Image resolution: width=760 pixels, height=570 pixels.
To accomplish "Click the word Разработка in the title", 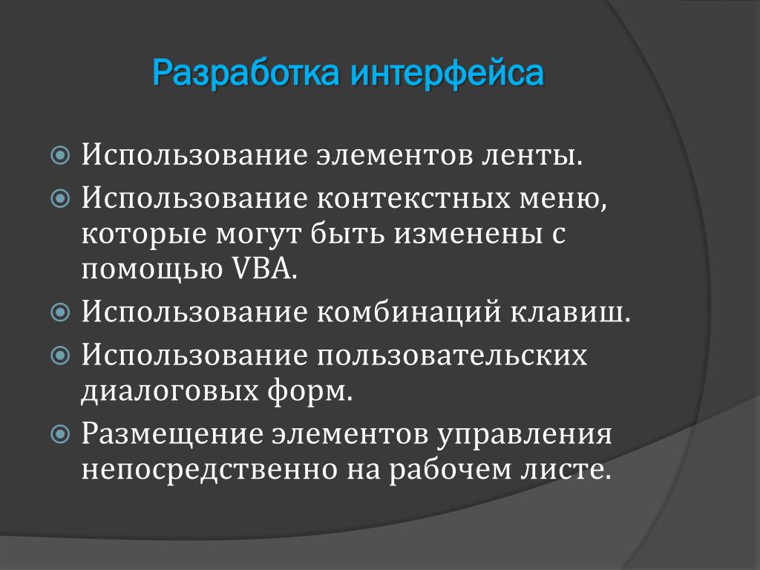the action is (246, 73).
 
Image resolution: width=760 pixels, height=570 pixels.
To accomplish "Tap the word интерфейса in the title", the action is (447, 73).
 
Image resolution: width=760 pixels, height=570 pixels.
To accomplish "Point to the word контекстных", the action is (413, 198).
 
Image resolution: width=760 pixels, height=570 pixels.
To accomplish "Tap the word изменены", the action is (468, 233).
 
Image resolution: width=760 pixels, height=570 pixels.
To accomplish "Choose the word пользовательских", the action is (452, 355).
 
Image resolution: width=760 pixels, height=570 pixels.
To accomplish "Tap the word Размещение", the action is (171, 433).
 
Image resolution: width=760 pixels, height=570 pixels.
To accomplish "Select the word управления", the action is (523, 433).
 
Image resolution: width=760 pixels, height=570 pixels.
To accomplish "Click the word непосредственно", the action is (209, 469).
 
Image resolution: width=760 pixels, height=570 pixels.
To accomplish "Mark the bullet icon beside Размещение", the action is (60, 434).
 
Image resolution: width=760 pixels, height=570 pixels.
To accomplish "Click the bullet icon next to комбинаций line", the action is (60, 312).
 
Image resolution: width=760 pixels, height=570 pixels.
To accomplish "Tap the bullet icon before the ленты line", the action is (60, 156).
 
